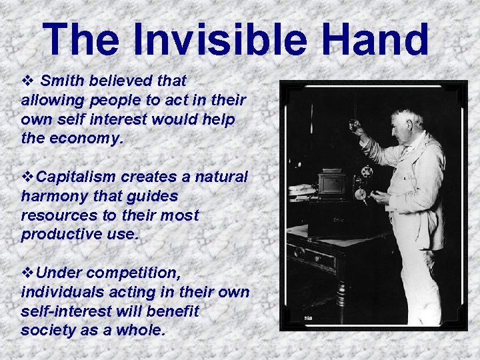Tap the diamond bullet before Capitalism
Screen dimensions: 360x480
(x=27, y=177)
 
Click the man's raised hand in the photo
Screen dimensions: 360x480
(x=354, y=125)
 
